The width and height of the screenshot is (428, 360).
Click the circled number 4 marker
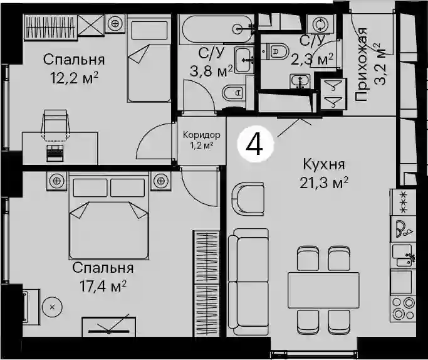tap(255, 145)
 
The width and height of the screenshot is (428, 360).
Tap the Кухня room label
tap(324, 164)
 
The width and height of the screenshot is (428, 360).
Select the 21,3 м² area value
tap(324, 183)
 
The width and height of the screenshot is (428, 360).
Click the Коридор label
tap(201, 135)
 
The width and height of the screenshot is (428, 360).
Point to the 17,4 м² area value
tap(103, 286)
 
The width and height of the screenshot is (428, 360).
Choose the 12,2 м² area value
tap(74, 78)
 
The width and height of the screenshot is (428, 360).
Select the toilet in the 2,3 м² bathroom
tap(275, 51)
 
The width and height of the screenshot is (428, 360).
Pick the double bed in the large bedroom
tap(109, 216)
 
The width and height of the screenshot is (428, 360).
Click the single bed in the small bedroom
tap(149, 59)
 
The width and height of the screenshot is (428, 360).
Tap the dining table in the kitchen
tap(323, 290)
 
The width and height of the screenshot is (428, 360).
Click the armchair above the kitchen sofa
tap(248, 199)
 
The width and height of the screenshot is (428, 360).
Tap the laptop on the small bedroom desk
tap(55, 152)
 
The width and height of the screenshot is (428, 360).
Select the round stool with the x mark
tap(53, 307)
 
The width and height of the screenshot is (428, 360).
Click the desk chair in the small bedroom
tap(55, 124)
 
